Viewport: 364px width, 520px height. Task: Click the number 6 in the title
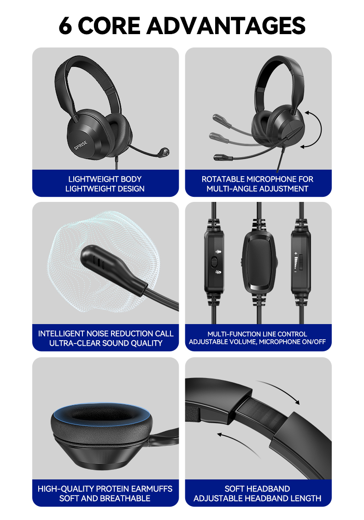tap(66, 26)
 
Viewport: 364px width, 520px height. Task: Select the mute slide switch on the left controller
tap(214, 262)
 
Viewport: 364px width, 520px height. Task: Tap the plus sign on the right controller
tap(296, 254)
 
